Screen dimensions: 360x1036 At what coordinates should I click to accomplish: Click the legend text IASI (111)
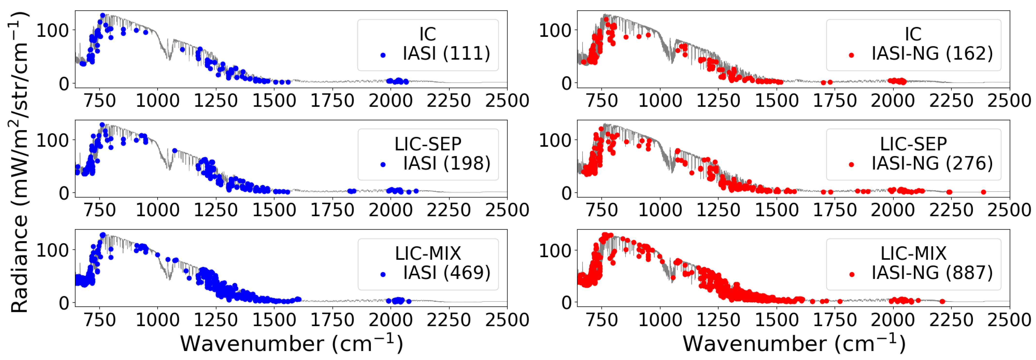(x=446, y=54)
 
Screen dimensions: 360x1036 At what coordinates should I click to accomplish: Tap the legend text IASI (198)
(x=446, y=163)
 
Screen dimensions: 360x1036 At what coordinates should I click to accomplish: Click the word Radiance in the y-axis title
(x=19, y=263)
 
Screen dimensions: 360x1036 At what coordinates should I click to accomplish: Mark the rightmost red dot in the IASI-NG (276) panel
(x=983, y=192)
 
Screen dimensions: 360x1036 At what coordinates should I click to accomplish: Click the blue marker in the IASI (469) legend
(x=383, y=275)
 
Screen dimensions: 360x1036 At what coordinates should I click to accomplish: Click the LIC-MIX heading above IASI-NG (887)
(x=913, y=254)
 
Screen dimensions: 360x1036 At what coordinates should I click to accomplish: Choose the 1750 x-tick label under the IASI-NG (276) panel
(x=835, y=210)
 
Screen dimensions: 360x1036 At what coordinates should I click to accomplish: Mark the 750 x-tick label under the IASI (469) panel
(x=99, y=320)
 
